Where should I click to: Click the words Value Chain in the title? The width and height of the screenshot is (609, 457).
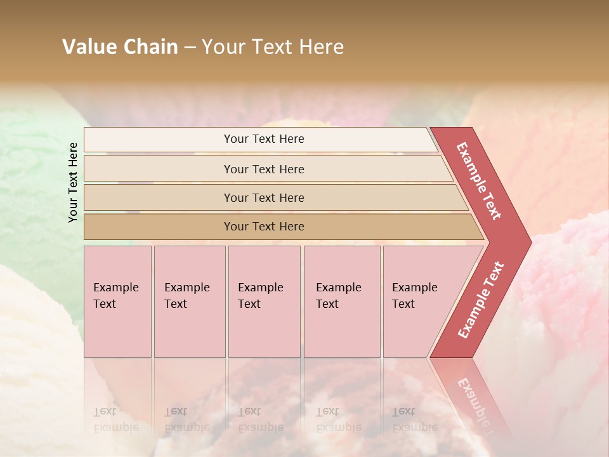[120, 47]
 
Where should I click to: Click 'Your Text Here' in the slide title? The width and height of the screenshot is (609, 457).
[273, 47]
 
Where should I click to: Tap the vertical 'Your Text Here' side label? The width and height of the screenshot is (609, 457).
[73, 182]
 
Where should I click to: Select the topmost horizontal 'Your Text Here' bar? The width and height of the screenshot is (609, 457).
[263, 139]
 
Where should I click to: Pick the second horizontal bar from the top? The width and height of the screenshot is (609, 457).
[263, 169]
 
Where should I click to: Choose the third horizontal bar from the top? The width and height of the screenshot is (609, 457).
[263, 197]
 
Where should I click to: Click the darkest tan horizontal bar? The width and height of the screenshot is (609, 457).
[263, 227]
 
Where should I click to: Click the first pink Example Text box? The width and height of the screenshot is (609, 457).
[117, 301]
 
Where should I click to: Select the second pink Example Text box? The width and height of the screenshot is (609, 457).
[189, 301]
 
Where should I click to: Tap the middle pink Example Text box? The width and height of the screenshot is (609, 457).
[264, 301]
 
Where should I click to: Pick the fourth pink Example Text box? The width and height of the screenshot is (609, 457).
[341, 301]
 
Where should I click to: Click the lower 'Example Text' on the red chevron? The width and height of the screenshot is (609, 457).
[481, 300]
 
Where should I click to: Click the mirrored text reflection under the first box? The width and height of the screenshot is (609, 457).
[115, 420]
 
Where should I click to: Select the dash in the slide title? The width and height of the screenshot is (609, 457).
[190, 48]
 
